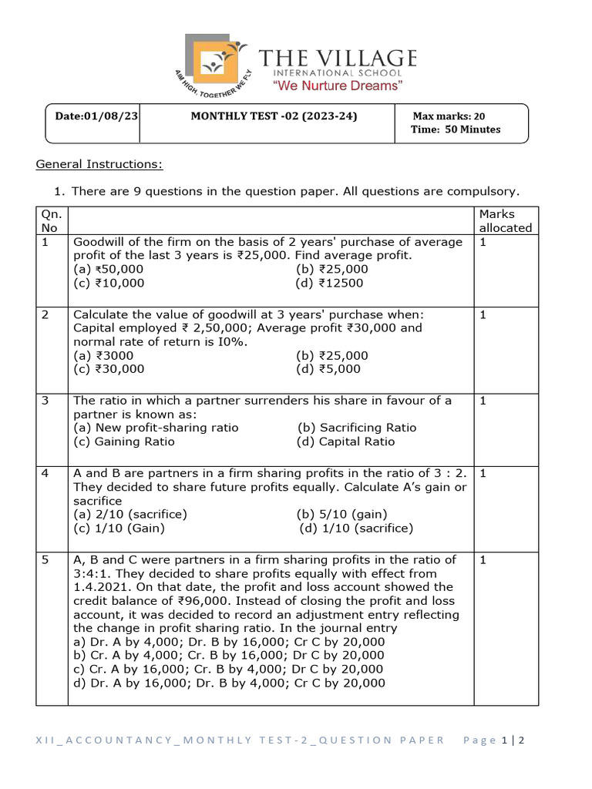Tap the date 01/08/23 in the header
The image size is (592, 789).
point(96,116)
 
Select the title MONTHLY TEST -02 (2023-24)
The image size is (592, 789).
point(274,116)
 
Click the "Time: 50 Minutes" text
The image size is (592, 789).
point(455,129)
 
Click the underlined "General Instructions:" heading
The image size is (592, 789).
point(99,164)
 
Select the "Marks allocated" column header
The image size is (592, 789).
point(505,220)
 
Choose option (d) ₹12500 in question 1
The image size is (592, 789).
point(329,283)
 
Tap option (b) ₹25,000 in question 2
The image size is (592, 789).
point(331,355)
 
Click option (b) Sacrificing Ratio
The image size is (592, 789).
point(357,428)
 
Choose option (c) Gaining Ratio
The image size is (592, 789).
point(123,442)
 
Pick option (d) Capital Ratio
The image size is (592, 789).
point(345,442)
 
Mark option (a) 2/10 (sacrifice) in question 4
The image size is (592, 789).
point(129,514)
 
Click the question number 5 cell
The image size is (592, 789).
point(45,560)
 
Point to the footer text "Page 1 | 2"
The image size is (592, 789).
point(493,740)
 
